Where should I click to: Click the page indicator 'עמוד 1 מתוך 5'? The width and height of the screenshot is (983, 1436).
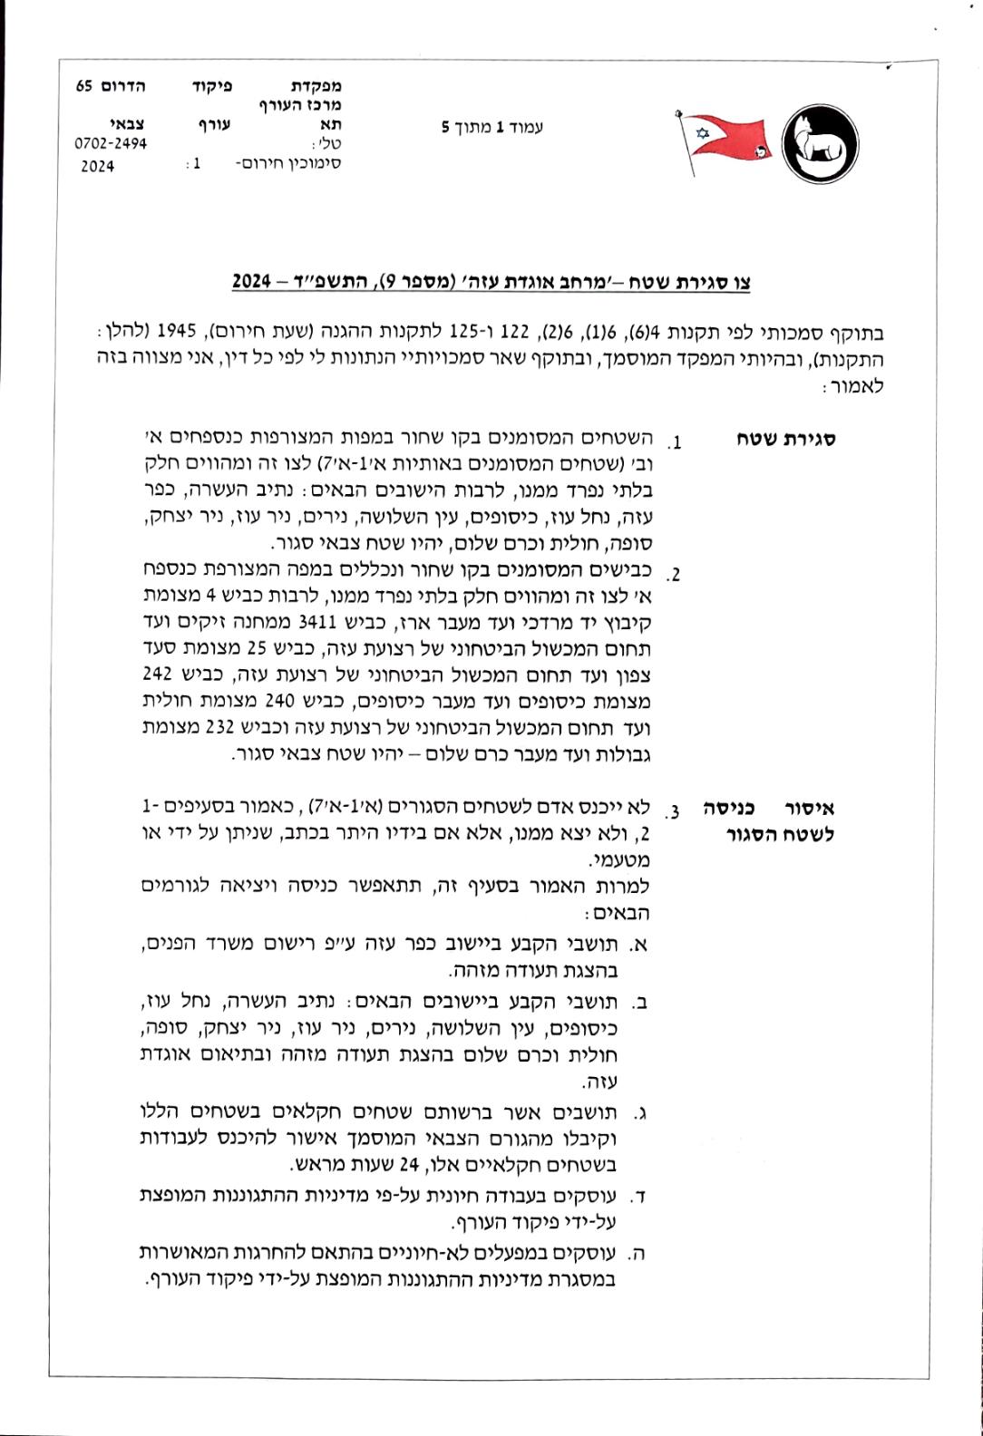tap(491, 128)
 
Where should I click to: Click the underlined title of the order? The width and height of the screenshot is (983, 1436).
tap(491, 282)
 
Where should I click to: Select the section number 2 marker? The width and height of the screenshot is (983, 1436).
tap(674, 575)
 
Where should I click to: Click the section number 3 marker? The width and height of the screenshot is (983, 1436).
tap(674, 808)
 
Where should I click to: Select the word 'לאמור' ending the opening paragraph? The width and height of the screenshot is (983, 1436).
tap(859, 387)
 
